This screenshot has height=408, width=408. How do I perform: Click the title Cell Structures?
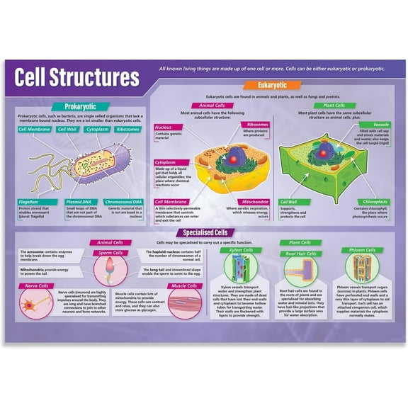77,76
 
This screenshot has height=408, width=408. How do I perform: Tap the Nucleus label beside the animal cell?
164,127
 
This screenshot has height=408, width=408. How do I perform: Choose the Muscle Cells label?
183,285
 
